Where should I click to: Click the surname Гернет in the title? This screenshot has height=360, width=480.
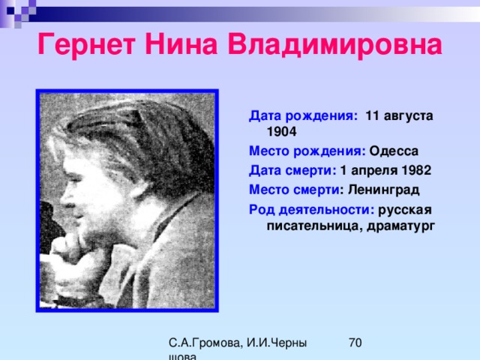86,45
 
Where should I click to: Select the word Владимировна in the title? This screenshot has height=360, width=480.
335,45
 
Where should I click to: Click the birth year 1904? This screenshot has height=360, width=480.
282,132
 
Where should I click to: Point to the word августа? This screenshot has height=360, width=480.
408,117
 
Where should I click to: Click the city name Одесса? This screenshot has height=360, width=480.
394,151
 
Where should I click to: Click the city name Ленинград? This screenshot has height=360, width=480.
383,190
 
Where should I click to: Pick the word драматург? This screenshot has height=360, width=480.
400,226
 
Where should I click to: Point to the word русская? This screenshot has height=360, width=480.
405,211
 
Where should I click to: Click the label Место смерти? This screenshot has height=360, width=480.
294,190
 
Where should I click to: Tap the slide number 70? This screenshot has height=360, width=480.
355,343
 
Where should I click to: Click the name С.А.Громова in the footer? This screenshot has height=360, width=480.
205,343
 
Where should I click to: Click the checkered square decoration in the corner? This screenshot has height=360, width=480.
18,12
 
